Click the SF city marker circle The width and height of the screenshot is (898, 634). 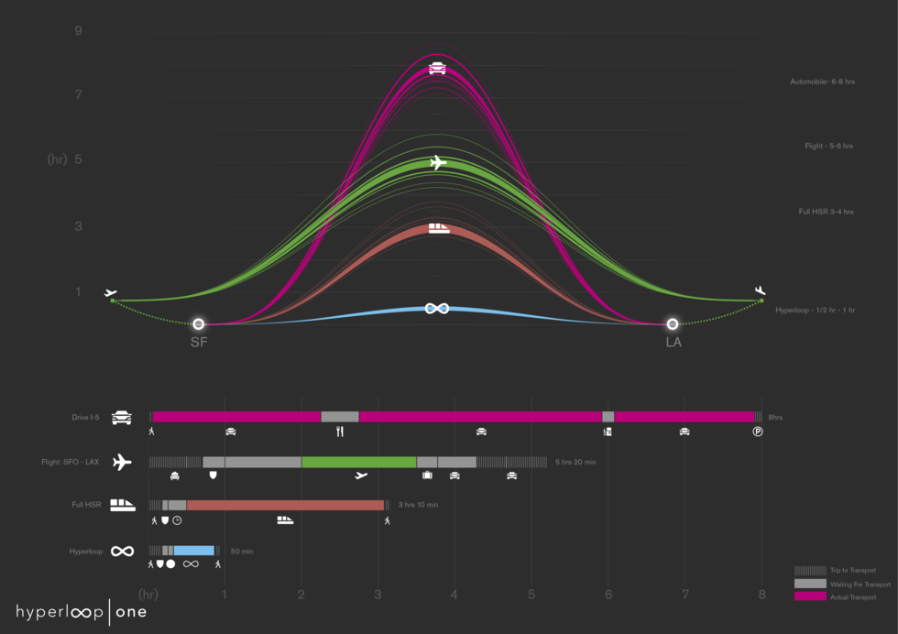click(x=198, y=324)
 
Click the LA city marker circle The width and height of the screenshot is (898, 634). click(x=673, y=324)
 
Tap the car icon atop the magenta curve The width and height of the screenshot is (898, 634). click(x=437, y=68)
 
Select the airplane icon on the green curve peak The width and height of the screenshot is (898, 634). click(x=437, y=163)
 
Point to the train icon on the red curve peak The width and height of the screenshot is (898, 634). click(x=439, y=228)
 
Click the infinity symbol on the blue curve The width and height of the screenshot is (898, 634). click(x=437, y=308)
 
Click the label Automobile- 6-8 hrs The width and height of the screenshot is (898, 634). click(x=822, y=82)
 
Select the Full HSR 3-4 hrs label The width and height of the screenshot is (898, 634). click(x=826, y=212)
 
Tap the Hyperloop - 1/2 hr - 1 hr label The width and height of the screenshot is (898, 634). click(x=815, y=311)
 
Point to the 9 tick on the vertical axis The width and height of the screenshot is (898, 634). click(x=79, y=31)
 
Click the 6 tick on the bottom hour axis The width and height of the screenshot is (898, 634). click(x=608, y=594)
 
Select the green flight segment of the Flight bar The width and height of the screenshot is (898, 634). click(x=358, y=462)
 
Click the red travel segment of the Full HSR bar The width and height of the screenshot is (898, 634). click(x=285, y=505)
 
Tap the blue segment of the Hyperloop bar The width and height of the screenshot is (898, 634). click(x=193, y=551)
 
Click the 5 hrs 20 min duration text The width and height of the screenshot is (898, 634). click(x=575, y=463)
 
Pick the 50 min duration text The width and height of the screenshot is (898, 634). click(x=241, y=552)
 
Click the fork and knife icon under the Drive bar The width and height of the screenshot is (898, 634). click(x=340, y=431)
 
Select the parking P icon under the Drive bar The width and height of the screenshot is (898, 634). click(x=758, y=431)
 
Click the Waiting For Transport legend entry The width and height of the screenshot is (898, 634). click(x=859, y=584)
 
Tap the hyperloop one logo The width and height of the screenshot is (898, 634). click(x=81, y=612)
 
